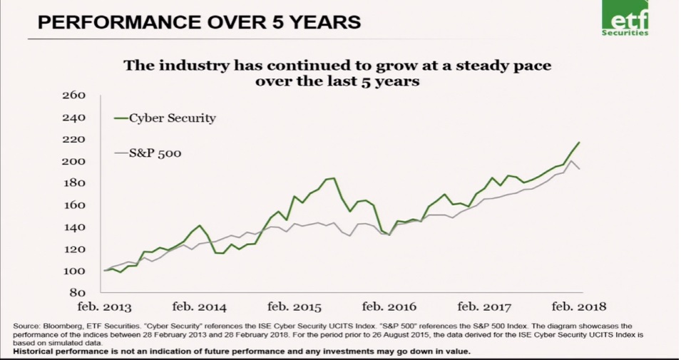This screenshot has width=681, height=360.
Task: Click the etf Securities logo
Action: click(625, 19)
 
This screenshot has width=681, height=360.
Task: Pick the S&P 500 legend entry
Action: click(151, 152)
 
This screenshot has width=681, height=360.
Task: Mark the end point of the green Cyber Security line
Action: click(579, 143)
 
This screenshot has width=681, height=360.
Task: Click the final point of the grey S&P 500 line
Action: click(579, 169)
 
